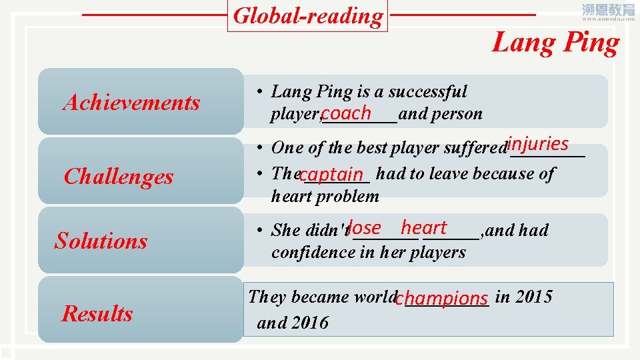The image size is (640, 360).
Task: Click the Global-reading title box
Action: click(x=309, y=16)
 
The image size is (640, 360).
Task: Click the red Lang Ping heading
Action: click(x=555, y=43)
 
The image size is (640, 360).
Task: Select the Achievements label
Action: click(x=131, y=103)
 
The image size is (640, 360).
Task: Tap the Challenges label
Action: click(x=119, y=177)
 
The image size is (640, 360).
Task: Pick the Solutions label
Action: click(x=101, y=240)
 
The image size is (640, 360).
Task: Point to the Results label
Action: click(x=97, y=313)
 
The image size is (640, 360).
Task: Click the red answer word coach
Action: click(x=345, y=112)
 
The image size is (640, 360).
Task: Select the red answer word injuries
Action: click(x=537, y=143)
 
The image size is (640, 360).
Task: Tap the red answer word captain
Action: click(x=331, y=175)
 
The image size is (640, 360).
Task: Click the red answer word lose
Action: click(x=364, y=227)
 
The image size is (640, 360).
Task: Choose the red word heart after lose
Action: click(x=423, y=227)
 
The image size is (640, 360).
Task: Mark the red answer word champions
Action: click(x=441, y=298)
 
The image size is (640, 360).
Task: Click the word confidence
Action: click(x=309, y=252)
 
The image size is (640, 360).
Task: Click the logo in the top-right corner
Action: click(x=608, y=11)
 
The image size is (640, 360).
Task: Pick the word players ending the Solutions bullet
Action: click(x=439, y=252)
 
